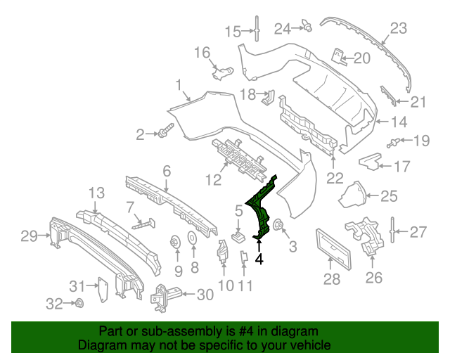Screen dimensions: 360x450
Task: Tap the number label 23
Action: (399, 28)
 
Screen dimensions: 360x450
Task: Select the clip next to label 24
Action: (307, 27)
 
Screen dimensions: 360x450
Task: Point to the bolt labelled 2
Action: (166, 132)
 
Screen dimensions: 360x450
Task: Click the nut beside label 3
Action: (277, 226)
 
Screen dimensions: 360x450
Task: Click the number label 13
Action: (96, 193)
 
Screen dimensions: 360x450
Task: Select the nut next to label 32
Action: (79, 304)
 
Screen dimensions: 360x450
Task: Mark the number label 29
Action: (29, 236)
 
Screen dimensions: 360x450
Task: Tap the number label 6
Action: (167, 171)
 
